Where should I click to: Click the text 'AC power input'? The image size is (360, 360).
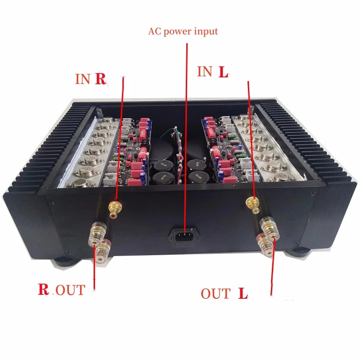tap(183, 31)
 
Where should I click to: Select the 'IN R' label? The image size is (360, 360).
tap(90, 79)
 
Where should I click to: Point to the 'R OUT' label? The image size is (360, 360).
tap(61, 289)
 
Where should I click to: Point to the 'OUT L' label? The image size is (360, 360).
tap(224, 294)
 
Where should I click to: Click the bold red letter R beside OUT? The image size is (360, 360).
tap(44, 289)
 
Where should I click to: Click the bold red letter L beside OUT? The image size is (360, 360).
tap(243, 294)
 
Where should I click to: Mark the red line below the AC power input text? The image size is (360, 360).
tap(184, 135)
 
